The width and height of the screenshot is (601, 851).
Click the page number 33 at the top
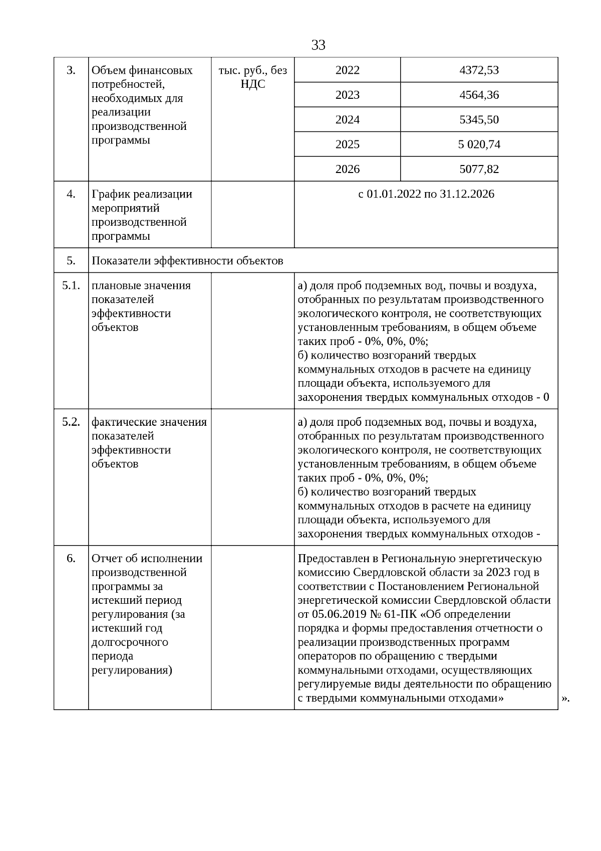pyautogui.click(x=318, y=46)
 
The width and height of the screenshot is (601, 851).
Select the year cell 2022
pyautogui.click(x=347, y=70)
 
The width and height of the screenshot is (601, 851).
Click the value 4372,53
pyautogui.click(x=479, y=70)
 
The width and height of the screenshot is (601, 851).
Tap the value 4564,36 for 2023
pyautogui.click(x=479, y=95)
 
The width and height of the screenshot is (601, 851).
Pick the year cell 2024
pyautogui.click(x=347, y=120)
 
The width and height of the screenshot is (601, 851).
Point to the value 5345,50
pyautogui.click(x=479, y=120)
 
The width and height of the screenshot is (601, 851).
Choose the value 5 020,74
pyautogui.click(x=479, y=144)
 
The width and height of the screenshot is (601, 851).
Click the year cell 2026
pyautogui.click(x=347, y=169)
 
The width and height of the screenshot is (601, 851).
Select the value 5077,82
pyautogui.click(x=479, y=169)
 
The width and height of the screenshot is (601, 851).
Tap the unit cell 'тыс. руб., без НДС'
pyautogui.click(x=252, y=77)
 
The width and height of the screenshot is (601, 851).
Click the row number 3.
pyautogui.click(x=71, y=70)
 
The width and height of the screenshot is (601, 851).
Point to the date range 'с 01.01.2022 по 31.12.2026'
pyautogui.click(x=426, y=194)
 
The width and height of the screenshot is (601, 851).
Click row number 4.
pyautogui.click(x=71, y=194)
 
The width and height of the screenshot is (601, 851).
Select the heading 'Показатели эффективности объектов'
pyautogui.click(x=187, y=261)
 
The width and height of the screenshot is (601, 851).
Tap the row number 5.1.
pyautogui.click(x=71, y=285)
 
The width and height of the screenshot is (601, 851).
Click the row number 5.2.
pyautogui.click(x=71, y=422)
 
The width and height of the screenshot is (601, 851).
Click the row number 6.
pyautogui.click(x=71, y=559)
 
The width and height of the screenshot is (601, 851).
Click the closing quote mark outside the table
pyautogui.click(x=566, y=698)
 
